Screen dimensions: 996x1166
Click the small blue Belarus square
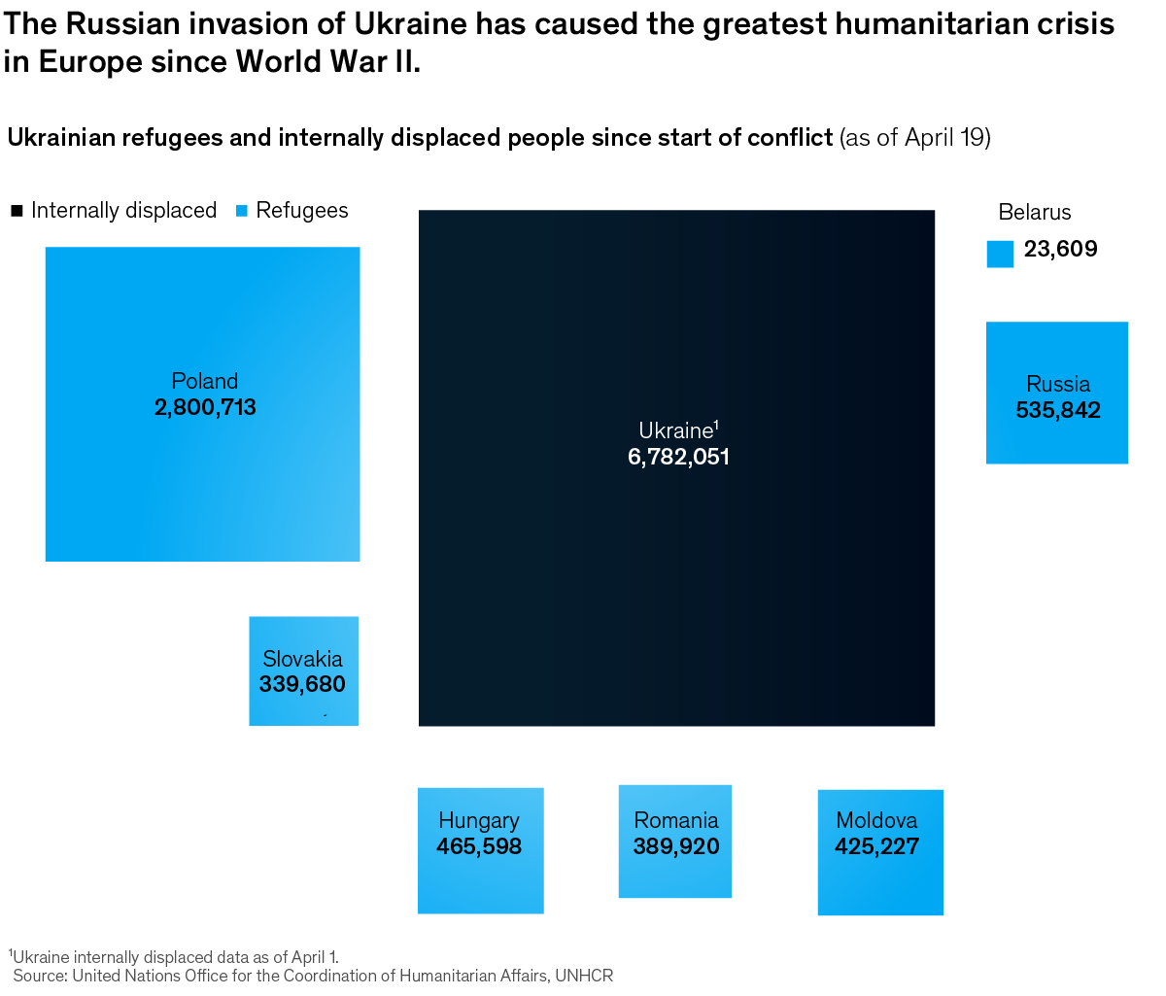[1000, 254]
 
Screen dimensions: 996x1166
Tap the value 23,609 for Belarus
[1060, 249]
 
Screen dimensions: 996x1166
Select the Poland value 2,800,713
[205, 407]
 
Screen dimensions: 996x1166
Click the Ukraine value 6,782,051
[678, 457]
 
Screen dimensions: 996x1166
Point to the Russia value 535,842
[1058, 410]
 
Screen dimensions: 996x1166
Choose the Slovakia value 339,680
[302, 684]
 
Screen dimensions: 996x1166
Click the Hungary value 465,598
[479, 846]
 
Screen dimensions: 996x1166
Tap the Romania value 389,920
[676, 846]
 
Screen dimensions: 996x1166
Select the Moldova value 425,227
[876, 846]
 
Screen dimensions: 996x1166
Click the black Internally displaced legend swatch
[17, 211]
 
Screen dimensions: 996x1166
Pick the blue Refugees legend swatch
[242, 211]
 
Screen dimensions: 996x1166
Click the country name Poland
[205, 381]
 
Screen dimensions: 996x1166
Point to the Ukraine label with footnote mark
[678, 430]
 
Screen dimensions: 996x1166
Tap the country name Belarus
[1034, 212]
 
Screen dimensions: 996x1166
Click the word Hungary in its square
[479, 821]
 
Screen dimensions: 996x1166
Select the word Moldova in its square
[876, 821]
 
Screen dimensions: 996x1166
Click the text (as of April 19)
[914, 138]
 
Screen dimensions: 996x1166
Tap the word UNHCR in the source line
[584, 976]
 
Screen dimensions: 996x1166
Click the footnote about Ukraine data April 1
[174, 956]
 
